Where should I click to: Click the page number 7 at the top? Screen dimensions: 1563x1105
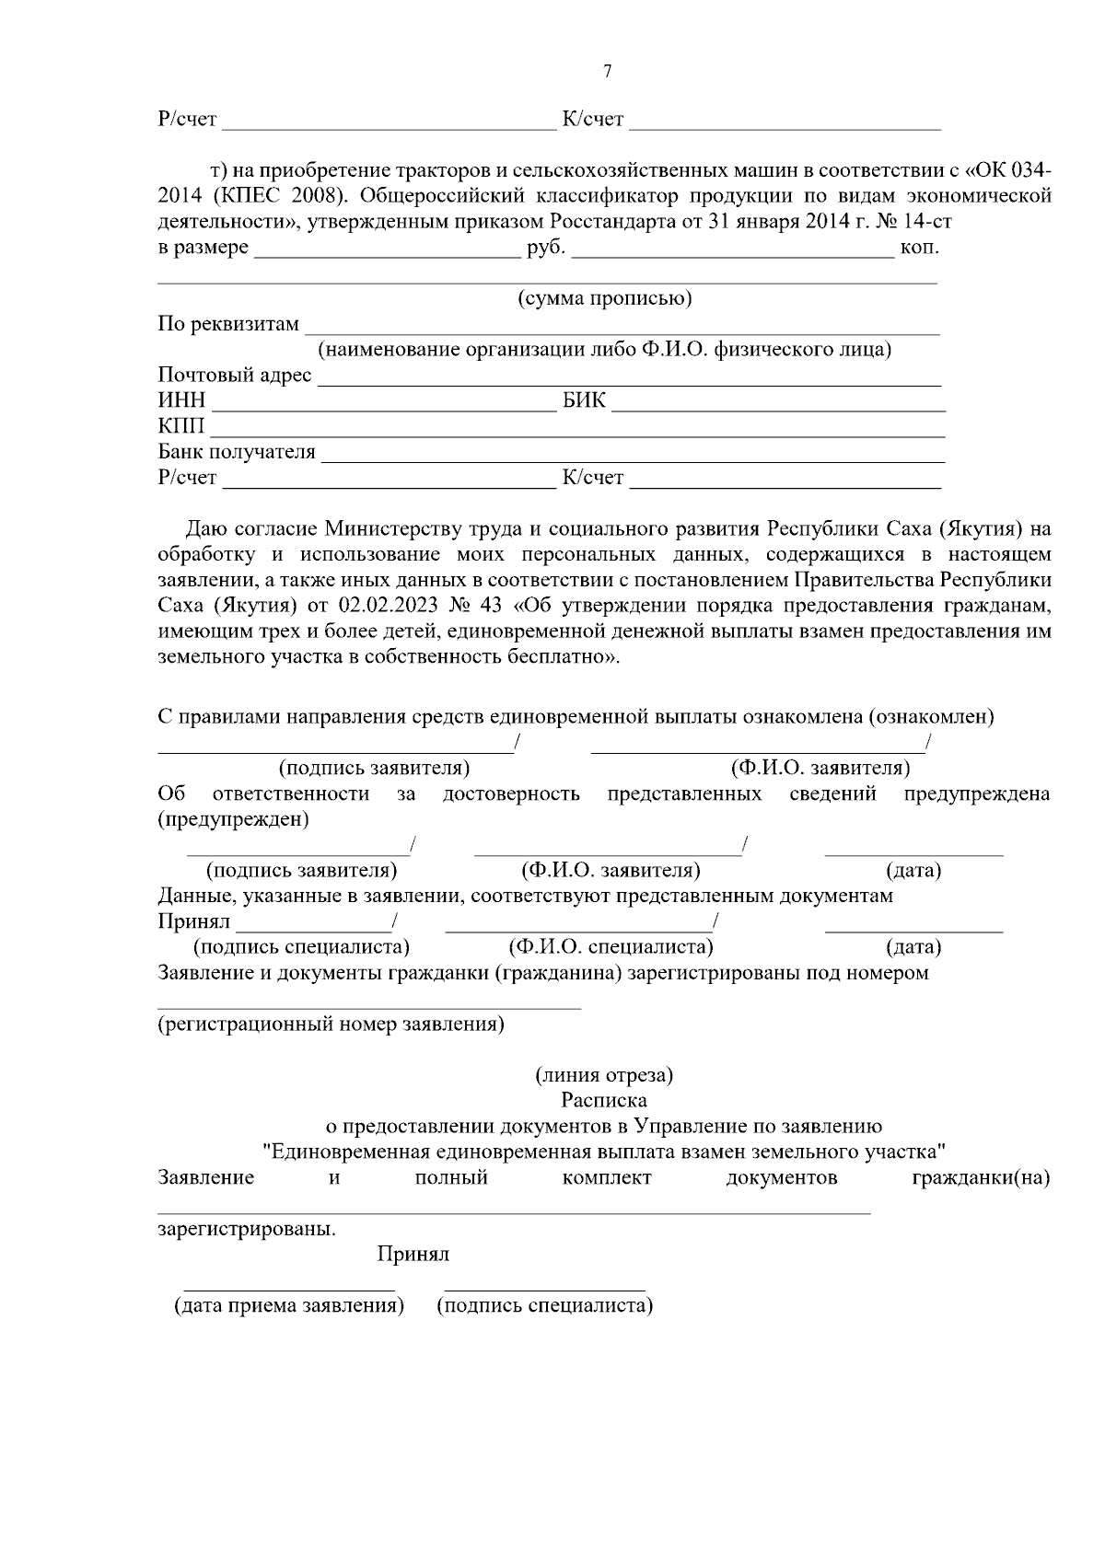pyautogui.click(x=607, y=72)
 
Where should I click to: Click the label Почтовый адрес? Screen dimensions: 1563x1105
pyautogui.click(x=235, y=376)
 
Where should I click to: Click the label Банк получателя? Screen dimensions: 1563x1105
pyautogui.click(x=237, y=452)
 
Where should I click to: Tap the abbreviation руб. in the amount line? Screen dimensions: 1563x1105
pyautogui.click(x=545, y=248)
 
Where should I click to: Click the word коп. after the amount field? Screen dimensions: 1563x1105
pyautogui.click(x=920, y=248)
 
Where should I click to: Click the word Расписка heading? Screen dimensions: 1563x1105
pyautogui.click(x=604, y=1100)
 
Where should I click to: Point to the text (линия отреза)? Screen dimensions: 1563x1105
pyautogui.click(x=604, y=1074)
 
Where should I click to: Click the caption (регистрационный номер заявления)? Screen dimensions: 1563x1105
pyautogui.click(x=331, y=1025)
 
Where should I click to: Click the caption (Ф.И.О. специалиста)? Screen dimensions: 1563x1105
pyautogui.click(x=611, y=947)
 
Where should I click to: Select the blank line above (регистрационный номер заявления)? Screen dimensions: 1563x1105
pyautogui.click(x=368, y=1008)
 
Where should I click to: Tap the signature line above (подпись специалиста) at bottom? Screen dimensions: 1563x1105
pyautogui.click(x=544, y=1289)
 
